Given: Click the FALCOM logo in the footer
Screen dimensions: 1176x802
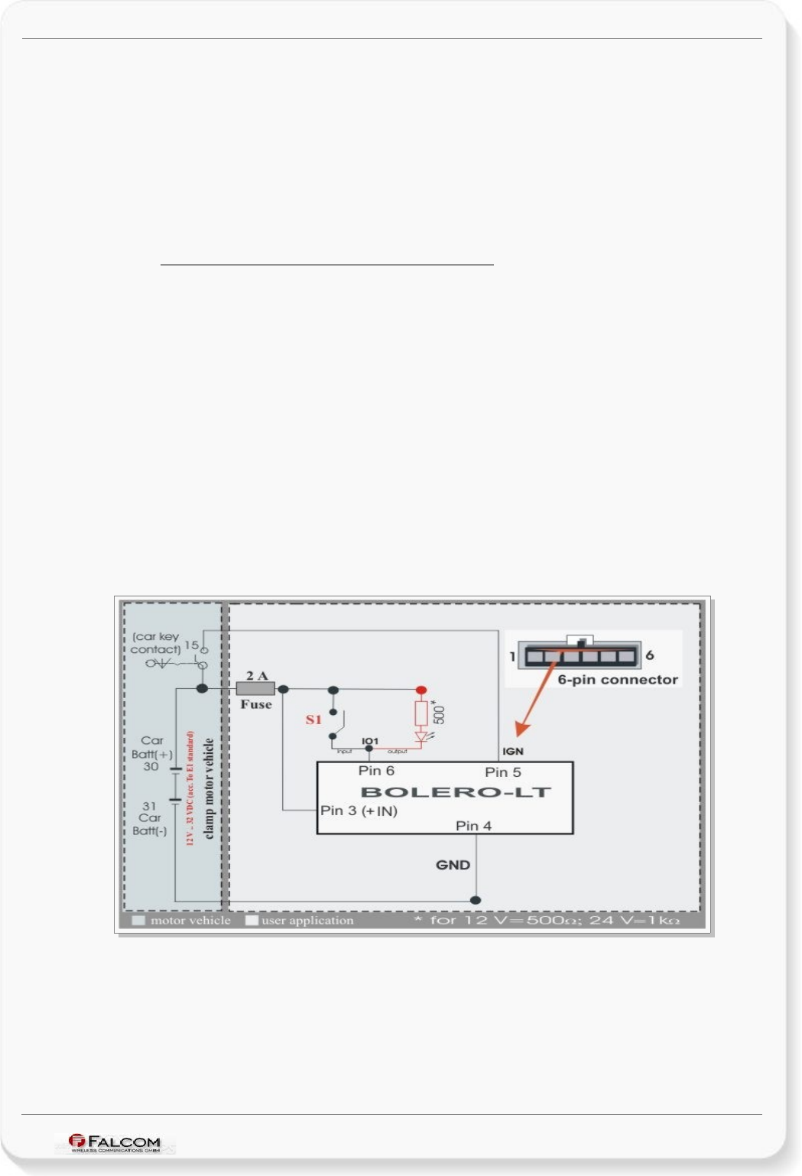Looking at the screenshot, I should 115,1142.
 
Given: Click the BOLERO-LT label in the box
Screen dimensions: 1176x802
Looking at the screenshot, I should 456,792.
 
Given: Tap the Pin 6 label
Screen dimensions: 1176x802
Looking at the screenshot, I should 376,771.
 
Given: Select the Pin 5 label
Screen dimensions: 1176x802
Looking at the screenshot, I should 503,772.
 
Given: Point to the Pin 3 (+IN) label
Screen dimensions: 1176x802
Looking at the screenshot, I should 359,811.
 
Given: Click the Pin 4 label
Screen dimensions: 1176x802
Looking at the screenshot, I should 473,826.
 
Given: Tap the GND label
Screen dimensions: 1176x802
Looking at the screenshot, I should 453,865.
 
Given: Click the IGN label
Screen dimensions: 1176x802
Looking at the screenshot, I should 513,752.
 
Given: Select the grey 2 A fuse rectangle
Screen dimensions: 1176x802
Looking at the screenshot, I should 255,689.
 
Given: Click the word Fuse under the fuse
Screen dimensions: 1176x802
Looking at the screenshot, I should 256,704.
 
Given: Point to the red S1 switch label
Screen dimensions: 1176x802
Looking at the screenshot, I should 313,720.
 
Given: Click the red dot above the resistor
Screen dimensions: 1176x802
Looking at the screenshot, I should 420,690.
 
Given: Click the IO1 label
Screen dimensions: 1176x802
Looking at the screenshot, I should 370,741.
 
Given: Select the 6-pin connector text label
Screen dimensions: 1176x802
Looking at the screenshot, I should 618,680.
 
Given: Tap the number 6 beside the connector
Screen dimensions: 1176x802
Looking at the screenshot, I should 650,655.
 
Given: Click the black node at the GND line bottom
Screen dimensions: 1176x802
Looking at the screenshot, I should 476,900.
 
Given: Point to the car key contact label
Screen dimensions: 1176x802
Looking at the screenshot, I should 155,643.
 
